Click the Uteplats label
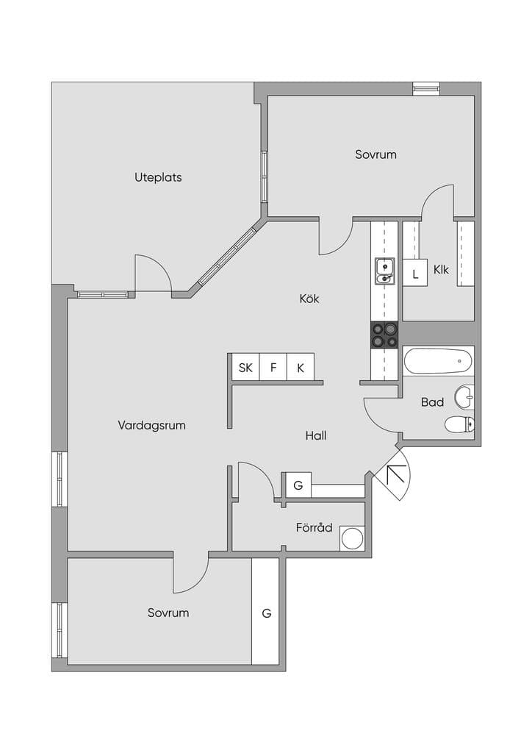point(158,178)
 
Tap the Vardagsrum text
point(151,426)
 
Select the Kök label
point(309,299)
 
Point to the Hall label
point(316,435)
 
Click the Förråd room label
point(314,527)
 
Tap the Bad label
point(432,402)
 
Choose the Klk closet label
point(442,269)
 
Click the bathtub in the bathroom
point(438,361)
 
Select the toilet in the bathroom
point(459,424)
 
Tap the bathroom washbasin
point(464,396)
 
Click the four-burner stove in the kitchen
point(384,335)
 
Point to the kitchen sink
point(385,271)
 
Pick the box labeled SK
point(245,368)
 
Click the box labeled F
point(273,368)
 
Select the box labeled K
point(301,368)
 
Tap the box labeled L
point(415,274)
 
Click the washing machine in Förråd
point(353,538)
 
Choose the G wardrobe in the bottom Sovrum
point(265,612)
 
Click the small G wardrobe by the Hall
point(298,485)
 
